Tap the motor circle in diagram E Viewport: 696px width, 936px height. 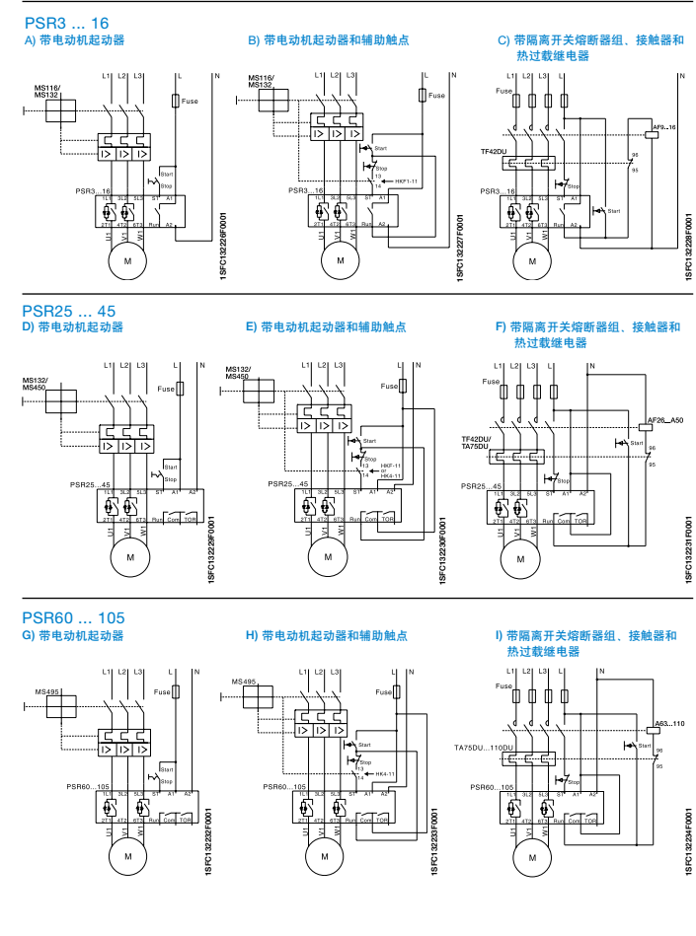tap(328, 557)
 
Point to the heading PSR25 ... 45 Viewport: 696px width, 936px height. tap(69, 311)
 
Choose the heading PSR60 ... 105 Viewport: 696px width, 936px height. tap(73, 618)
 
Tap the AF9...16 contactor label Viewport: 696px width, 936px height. tap(663, 128)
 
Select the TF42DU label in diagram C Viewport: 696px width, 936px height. tap(494, 151)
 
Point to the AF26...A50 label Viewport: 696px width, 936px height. tap(663, 421)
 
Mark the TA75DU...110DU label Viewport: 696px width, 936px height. tap(483, 748)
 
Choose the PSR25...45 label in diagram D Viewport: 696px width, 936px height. tap(91, 484)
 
